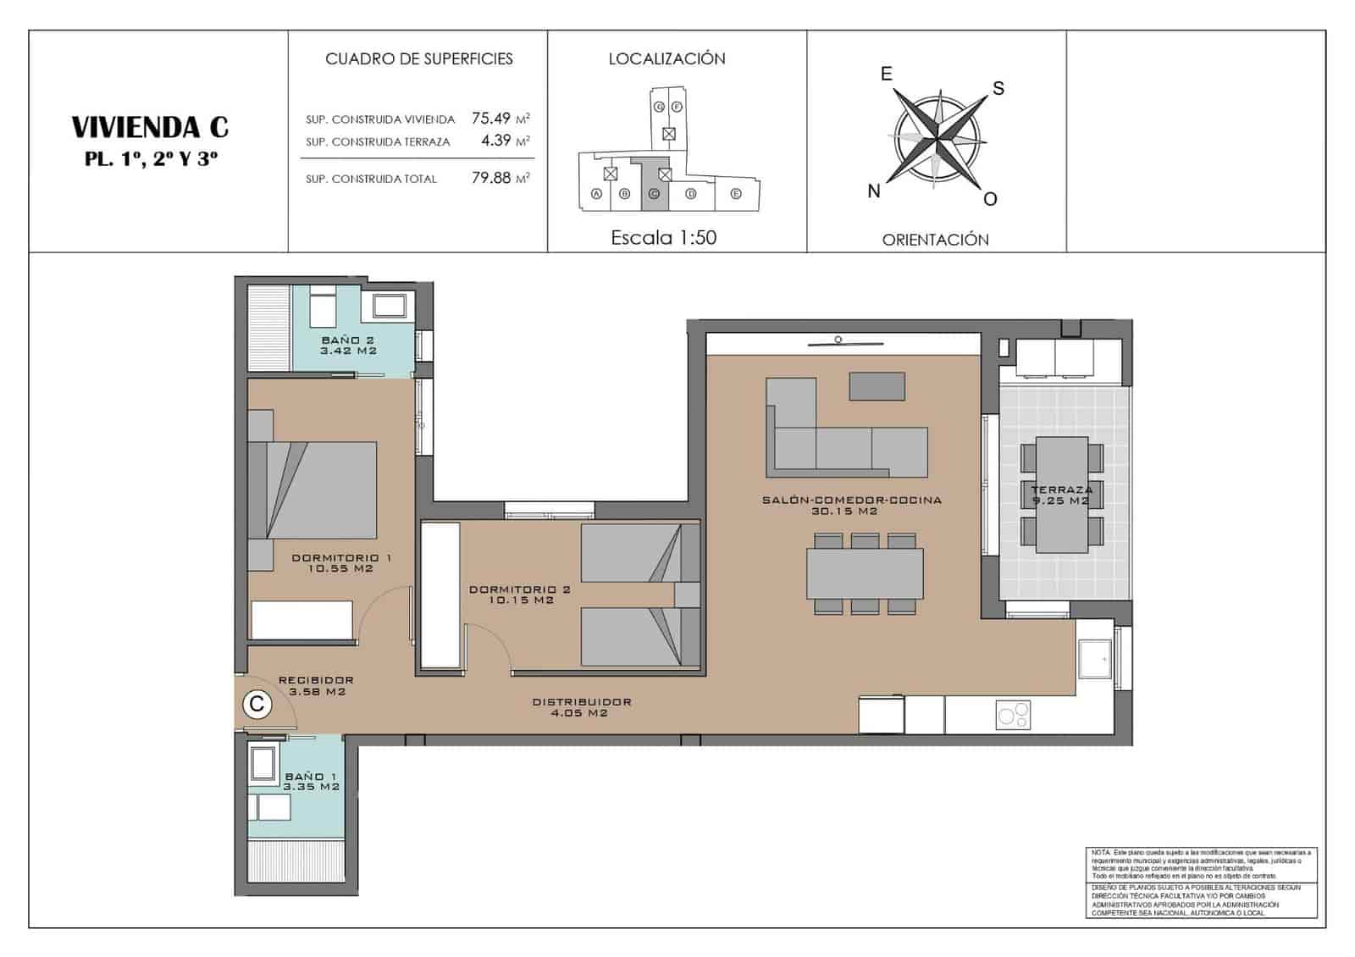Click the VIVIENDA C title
(150, 127)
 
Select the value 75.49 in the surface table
(491, 119)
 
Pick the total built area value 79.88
(491, 178)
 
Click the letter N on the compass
(874, 191)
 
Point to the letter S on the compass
(998, 88)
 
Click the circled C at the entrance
(257, 704)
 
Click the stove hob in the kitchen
(1013, 714)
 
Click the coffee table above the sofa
(877, 386)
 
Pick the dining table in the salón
(864, 574)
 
